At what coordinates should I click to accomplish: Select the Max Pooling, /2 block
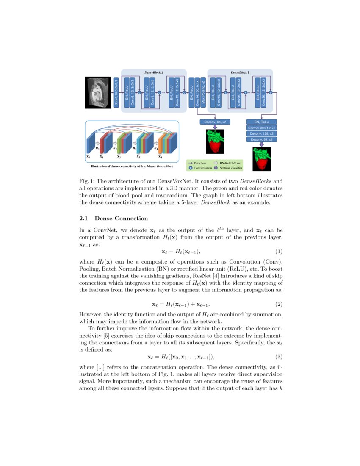pos(203,92)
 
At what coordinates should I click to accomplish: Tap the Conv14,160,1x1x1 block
pos(197,92)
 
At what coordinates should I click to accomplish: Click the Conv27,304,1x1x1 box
pos(261,128)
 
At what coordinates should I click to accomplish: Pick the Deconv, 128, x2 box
pos(261,133)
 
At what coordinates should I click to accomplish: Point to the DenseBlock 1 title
pos(154,73)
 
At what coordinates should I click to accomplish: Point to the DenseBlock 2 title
pos(240,73)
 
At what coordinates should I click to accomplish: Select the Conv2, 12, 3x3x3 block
pos(133,92)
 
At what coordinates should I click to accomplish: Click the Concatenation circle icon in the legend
pos(191,168)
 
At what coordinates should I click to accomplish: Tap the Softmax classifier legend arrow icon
pos(216,168)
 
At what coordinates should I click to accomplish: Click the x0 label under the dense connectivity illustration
pos(88,156)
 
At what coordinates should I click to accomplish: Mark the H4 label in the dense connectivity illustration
pos(156,149)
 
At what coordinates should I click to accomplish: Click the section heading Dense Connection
pos(121,219)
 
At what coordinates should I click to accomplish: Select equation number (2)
pos(279,304)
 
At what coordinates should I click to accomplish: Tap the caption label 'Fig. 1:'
pos(88,181)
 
